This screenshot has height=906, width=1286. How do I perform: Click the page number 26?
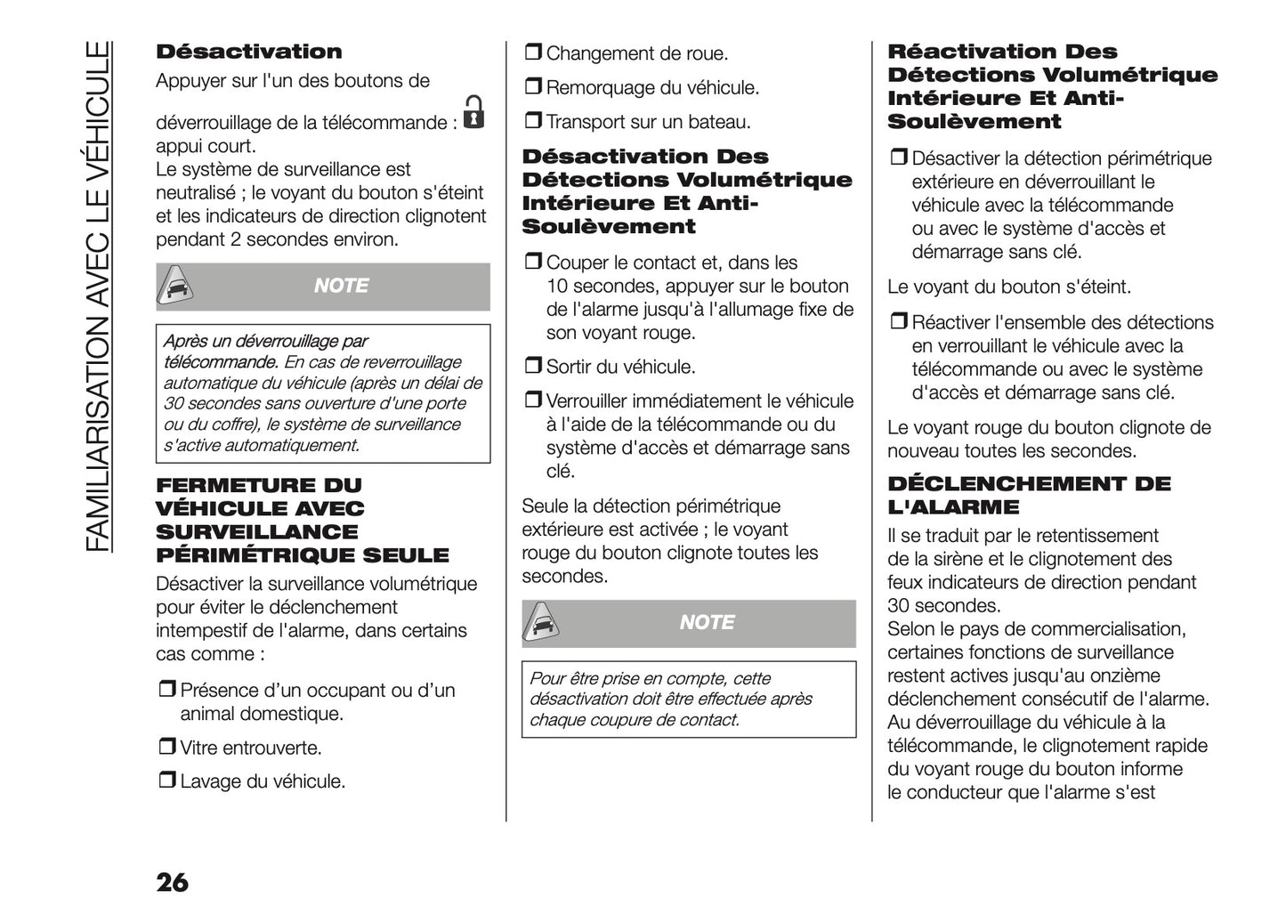pyautogui.click(x=173, y=882)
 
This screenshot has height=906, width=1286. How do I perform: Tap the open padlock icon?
pyautogui.click(x=474, y=112)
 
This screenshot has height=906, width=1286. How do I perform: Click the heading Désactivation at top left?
pyautogui.click(x=248, y=52)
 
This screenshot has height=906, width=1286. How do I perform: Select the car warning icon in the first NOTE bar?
pyautogui.click(x=177, y=287)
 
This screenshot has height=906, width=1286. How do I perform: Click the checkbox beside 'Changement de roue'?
pyautogui.click(x=533, y=53)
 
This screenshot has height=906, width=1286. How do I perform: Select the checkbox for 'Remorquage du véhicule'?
pyautogui.click(x=533, y=87)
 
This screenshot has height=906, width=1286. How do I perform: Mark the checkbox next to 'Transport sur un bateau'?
pyautogui.click(x=533, y=121)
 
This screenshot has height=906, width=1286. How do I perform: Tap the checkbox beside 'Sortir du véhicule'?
pyautogui.click(x=533, y=367)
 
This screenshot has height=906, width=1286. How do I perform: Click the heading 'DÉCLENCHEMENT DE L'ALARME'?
pyautogui.click(x=1029, y=496)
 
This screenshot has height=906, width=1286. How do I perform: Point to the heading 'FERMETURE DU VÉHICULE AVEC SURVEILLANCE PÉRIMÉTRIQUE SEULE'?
pyautogui.click(x=303, y=521)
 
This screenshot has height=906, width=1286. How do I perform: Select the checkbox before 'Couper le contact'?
pyautogui.click(x=533, y=263)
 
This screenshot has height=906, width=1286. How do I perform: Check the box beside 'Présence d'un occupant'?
pyautogui.click(x=167, y=691)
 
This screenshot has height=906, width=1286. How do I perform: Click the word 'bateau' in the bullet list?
pyautogui.click(x=719, y=122)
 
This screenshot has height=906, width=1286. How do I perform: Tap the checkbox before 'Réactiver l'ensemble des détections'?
pyautogui.click(x=899, y=323)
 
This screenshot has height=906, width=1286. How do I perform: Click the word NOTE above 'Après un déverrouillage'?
pyautogui.click(x=341, y=287)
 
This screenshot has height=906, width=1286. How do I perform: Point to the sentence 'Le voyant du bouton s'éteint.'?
pyautogui.click(x=1009, y=287)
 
